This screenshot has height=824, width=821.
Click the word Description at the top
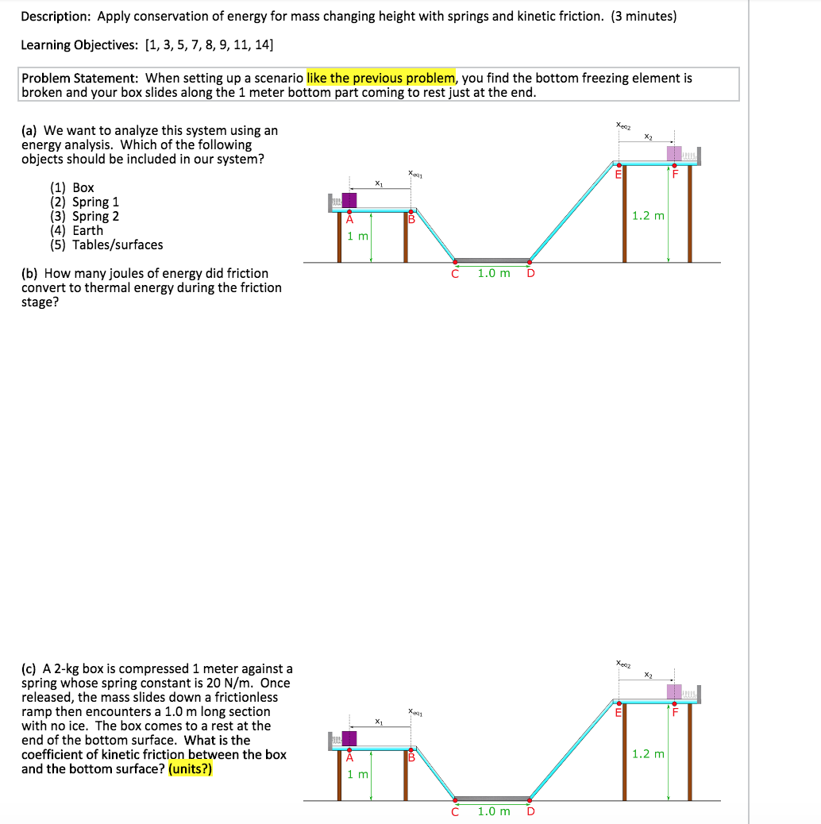(55, 16)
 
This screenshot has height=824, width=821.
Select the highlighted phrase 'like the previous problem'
(380, 78)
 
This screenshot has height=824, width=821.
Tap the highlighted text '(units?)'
(190, 768)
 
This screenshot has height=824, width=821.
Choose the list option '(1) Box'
(72, 187)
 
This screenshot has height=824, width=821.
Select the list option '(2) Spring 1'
(85, 202)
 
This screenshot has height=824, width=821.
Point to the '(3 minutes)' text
(643, 16)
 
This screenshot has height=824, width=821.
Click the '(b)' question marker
(31, 273)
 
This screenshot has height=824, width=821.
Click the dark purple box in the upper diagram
(349, 199)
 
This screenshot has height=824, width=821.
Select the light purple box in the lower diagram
(674, 691)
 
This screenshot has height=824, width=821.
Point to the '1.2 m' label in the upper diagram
(648, 216)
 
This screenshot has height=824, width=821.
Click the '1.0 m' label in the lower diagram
(494, 811)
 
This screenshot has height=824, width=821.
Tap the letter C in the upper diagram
(455, 273)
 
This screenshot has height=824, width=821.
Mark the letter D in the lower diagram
(530, 811)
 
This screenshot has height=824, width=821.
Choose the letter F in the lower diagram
(676, 712)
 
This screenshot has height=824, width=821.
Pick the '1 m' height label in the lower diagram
(358, 773)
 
